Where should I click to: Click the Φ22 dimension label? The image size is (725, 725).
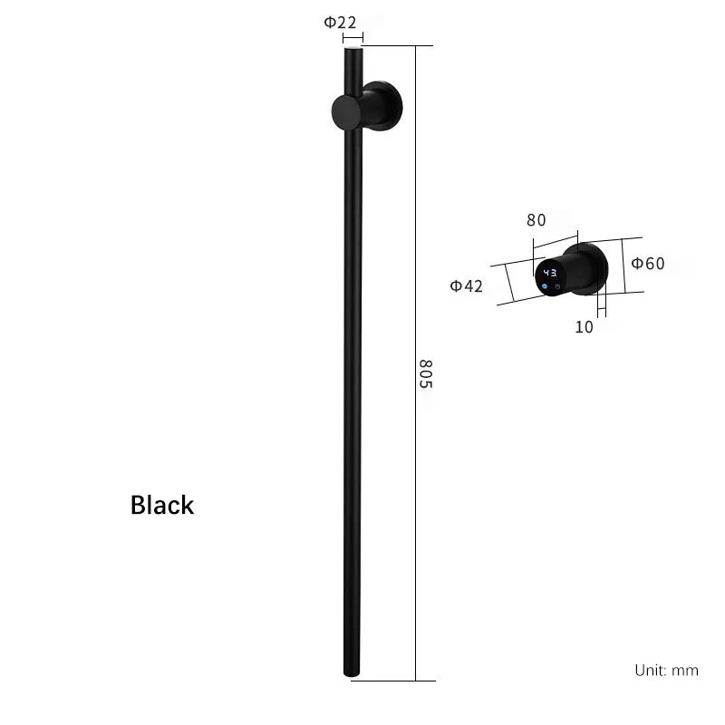click(340, 22)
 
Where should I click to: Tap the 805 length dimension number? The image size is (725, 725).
click(425, 373)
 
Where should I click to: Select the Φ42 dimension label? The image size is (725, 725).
click(466, 286)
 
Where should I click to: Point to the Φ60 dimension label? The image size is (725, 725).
click(648, 264)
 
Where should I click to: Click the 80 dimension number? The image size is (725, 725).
click(536, 220)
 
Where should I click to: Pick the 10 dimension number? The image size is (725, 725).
click(584, 327)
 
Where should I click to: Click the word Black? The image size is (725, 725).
click(162, 505)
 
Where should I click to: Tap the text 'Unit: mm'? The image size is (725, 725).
click(666, 670)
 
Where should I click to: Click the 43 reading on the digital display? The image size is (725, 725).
click(550, 273)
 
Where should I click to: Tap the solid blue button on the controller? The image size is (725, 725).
click(545, 286)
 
